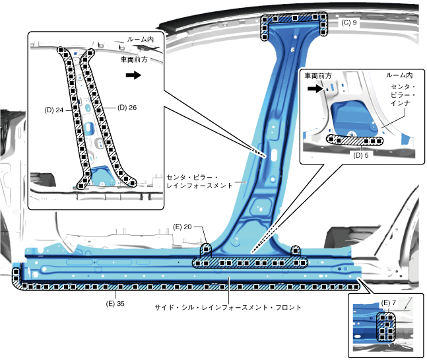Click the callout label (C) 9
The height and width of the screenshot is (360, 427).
349,22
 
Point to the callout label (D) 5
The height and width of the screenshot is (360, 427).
362,156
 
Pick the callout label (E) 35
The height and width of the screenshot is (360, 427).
115,303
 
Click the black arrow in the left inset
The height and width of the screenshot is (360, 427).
133,75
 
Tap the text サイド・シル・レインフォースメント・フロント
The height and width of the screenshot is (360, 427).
228,308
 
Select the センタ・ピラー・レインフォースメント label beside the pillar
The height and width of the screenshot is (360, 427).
199,182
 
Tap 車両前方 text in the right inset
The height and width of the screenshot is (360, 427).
319,77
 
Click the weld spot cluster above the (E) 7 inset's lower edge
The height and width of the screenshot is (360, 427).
385,326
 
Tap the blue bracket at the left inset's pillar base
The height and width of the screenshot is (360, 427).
102,176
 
